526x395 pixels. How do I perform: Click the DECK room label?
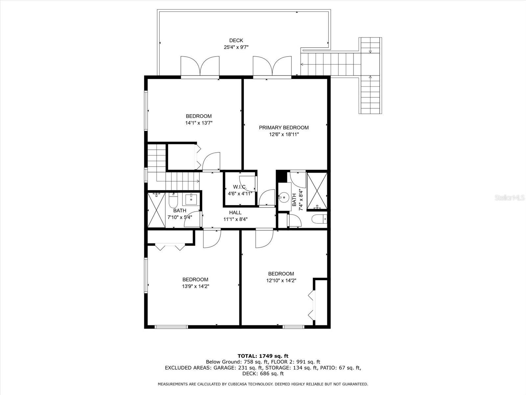click(236, 40)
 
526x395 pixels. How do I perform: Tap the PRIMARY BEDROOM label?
click(284, 128)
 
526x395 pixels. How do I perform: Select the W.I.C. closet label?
click(240, 187)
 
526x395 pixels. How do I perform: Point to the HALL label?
click(235, 213)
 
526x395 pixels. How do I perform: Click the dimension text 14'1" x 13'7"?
click(199, 123)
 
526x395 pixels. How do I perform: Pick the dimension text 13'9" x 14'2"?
click(196, 286)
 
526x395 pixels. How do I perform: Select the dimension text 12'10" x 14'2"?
click(281, 280)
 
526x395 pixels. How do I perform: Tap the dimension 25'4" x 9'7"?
click(236, 47)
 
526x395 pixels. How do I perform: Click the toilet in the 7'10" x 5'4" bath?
click(173, 200)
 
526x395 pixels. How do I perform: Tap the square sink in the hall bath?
click(191, 199)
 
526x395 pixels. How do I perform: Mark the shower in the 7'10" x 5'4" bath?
click(156, 210)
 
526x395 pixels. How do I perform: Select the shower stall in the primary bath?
click(317, 191)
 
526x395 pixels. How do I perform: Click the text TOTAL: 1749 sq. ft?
click(263, 356)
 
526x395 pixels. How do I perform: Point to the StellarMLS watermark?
click(509, 197)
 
